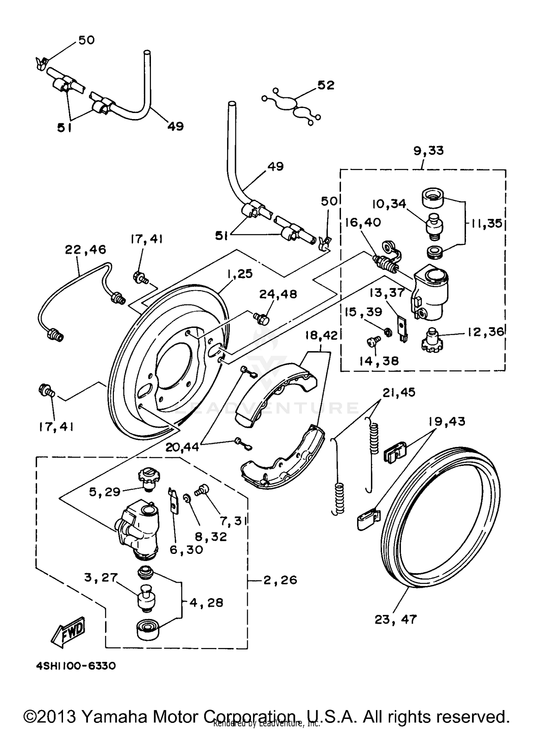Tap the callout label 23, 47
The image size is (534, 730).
395,620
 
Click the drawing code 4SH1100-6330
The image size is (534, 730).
76,666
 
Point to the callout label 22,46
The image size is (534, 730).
85,250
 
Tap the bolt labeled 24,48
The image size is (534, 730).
261,318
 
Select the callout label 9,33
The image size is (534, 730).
428,151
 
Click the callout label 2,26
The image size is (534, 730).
280,580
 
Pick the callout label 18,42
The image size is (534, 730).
321,335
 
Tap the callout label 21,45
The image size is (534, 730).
399,392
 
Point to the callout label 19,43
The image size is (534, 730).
446,422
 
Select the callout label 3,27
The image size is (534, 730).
101,577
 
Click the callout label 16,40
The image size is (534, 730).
363,222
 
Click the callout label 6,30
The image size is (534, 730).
186,550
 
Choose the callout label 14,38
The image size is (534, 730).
379,361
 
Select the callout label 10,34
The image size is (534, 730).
389,204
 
